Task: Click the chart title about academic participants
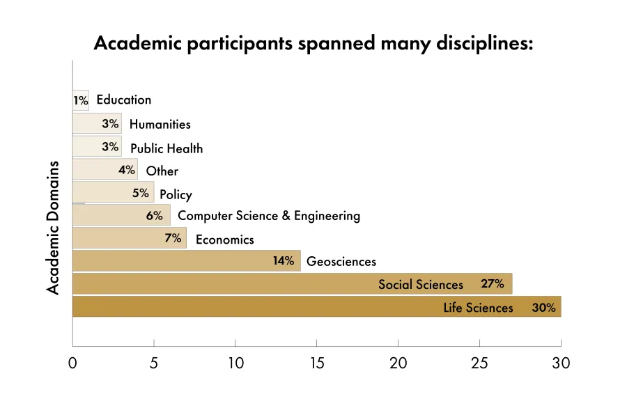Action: tap(313, 43)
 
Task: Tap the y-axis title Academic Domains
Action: tap(54, 228)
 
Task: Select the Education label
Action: tap(123, 100)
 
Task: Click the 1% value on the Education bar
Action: tap(81, 100)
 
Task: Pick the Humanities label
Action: tap(160, 124)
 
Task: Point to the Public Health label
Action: tap(167, 148)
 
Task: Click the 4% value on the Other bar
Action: tap(126, 170)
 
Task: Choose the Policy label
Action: tap(176, 194)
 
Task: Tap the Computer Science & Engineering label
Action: tap(269, 216)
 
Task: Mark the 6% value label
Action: tap(154, 216)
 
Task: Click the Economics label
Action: tap(224, 240)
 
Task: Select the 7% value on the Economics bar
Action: tap(173, 239)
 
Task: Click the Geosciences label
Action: tap(341, 262)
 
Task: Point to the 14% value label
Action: tap(284, 261)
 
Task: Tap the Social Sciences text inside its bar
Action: tap(420, 284)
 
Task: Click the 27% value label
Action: tap(492, 283)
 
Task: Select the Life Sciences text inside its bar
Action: tap(478, 307)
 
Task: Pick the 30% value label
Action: tap(543, 307)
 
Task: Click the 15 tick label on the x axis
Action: tap(316, 363)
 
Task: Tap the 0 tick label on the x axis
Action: tap(72, 363)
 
